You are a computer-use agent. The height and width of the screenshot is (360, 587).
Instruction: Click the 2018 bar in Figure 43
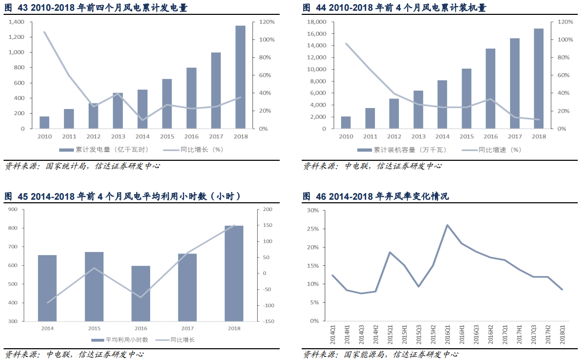coord(240,77)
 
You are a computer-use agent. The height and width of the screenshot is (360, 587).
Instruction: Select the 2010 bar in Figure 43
coord(44,122)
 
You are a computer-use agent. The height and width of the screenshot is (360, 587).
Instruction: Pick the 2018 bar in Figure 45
coord(234,273)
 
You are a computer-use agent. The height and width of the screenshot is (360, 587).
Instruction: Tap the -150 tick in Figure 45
coord(269,322)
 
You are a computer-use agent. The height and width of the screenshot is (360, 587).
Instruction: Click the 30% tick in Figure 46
coord(312,210)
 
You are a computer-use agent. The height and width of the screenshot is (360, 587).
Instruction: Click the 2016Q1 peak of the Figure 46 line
coord(447,225)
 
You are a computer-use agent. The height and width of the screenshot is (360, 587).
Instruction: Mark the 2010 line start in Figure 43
coord(45,32)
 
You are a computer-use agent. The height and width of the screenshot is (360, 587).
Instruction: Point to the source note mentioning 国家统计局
coord(82,166)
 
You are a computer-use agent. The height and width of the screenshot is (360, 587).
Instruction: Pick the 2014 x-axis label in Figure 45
coord(47,328)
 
